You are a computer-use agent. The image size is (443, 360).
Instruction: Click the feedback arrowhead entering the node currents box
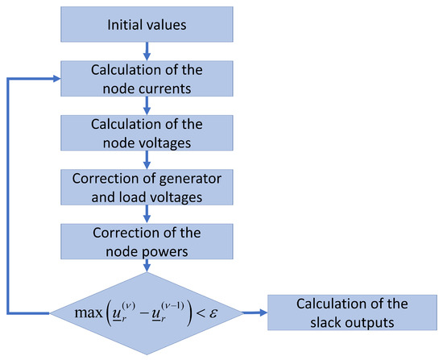pyautogui.click(x=58, y=79)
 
